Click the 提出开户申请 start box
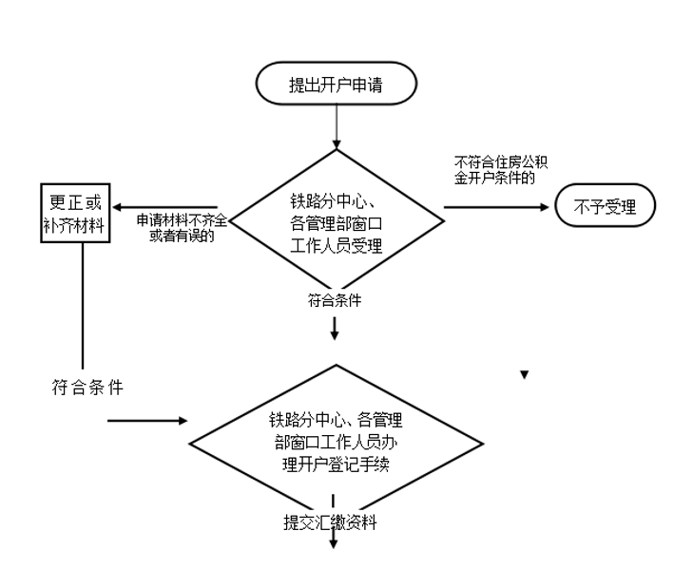[x=337, y=83]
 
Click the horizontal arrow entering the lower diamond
[x=147, y=419]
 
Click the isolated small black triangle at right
[x=524, y=375]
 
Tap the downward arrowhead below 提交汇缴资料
[x=335, y=543]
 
